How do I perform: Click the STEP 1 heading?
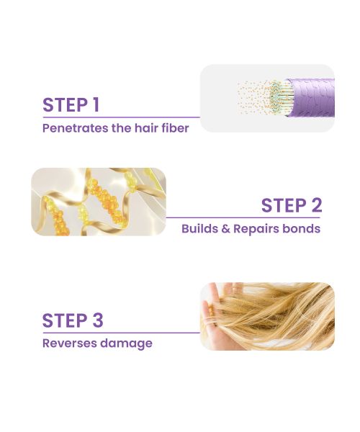coord(71,104)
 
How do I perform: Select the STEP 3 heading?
coord(72,320)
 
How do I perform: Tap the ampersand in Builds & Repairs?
coord(223,229)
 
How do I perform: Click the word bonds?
coord(302,229)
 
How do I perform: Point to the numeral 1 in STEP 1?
coord(95,104)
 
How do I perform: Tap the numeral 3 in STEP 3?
coord(97,320)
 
